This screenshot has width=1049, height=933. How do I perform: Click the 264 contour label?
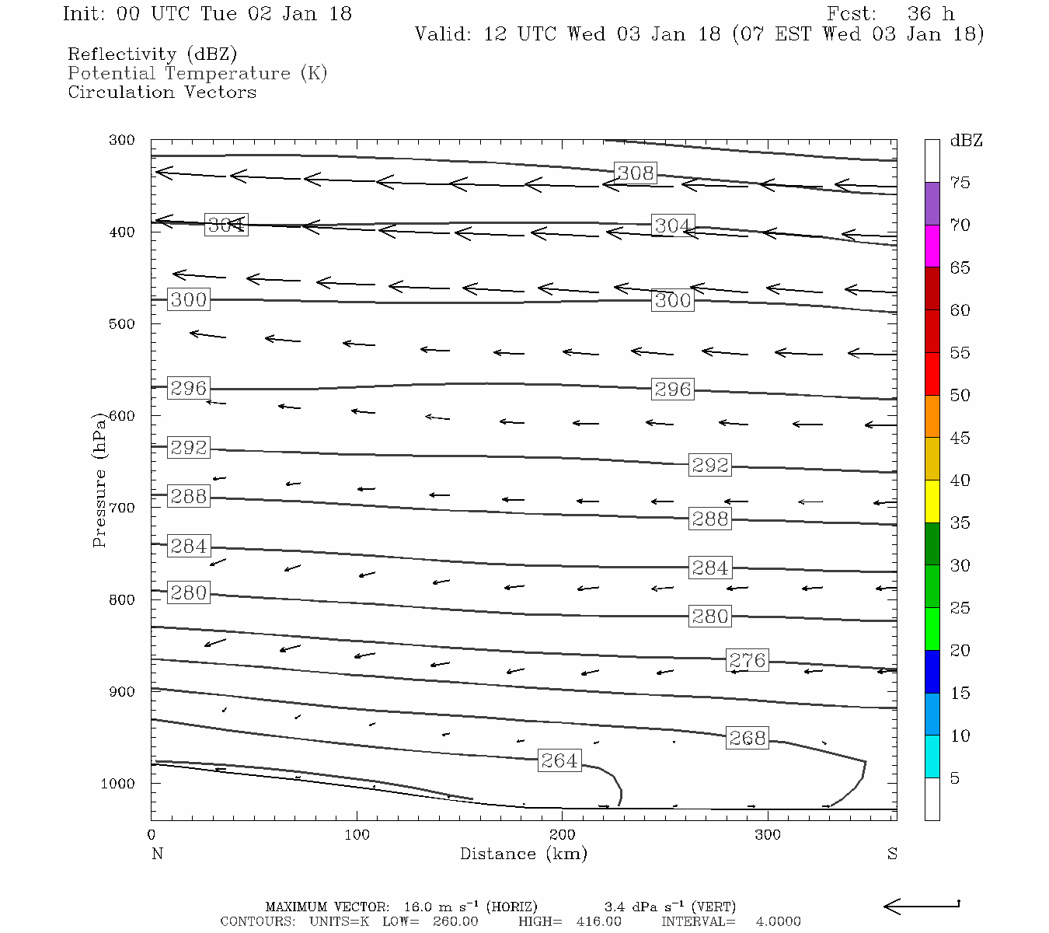(x=559, y=760)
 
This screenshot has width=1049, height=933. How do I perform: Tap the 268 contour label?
(x=748, y=738)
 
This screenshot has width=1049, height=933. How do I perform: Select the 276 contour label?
(x=748, y=660)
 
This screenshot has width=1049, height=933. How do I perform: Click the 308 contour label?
(x=636, y=173)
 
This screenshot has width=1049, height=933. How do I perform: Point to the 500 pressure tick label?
(x=122, y=324)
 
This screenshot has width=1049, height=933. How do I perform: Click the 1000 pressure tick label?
(x=118, y=784)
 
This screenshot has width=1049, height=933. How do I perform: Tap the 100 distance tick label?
(x=357, y=835)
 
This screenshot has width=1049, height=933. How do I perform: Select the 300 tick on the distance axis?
(x=768, y=835)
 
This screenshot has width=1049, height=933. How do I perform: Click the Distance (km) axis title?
(x=524, y=854)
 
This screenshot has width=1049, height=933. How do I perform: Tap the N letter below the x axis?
(x=157, y=854)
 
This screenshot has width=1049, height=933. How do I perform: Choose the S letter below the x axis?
(x=892, y=854)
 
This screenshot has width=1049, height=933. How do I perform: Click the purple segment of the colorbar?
(x=932, y=204)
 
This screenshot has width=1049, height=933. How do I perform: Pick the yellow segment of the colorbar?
(x=932, y=501)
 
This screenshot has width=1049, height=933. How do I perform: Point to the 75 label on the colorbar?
(x=960, y=183)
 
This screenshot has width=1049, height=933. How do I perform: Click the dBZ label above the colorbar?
(x=966, y=141)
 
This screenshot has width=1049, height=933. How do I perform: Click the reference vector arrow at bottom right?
(x=922, y=906)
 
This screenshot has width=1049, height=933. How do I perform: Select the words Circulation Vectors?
(x=162, y=92)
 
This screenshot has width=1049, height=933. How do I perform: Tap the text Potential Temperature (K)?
(x=197, y=73)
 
